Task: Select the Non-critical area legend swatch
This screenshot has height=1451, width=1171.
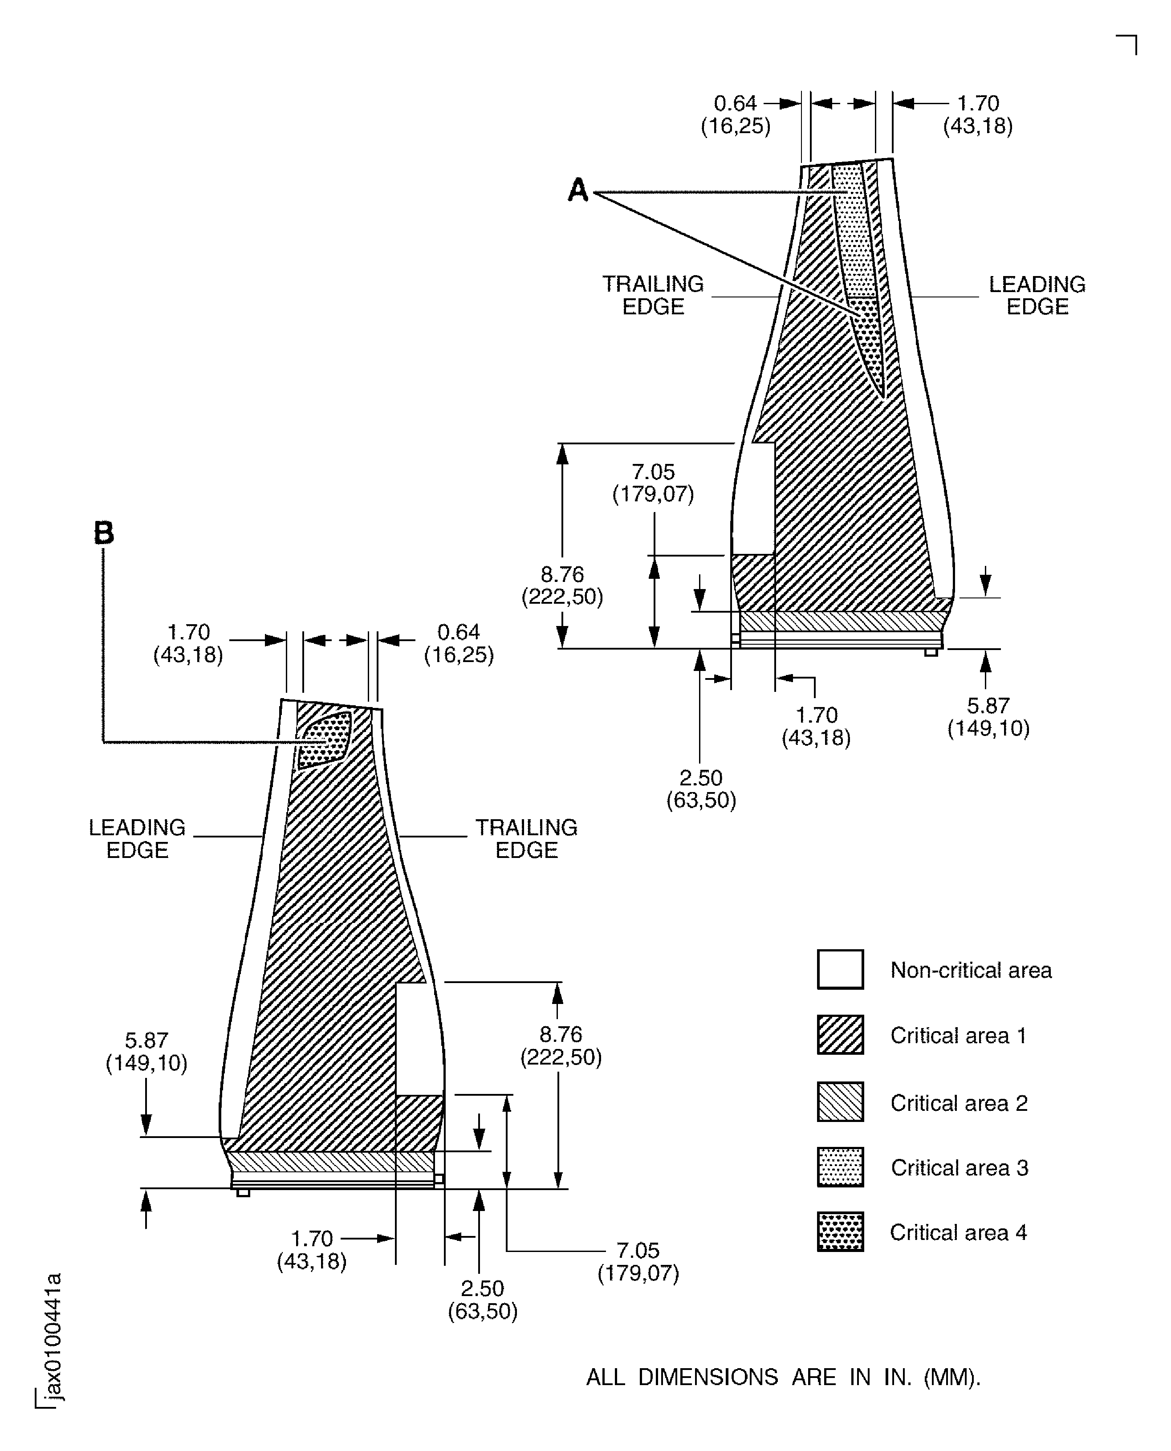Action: (x=840, y=969)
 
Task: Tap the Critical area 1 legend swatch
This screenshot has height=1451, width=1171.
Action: (x=840, y=1035)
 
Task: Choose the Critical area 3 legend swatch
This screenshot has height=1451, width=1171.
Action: (x=840, y=1167)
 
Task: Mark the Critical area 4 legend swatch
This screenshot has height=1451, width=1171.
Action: (x=840, y=1232)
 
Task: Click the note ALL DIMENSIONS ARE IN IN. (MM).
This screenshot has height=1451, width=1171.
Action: (x=782, y=1377)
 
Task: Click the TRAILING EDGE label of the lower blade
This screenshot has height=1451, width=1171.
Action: (x=526, y=838)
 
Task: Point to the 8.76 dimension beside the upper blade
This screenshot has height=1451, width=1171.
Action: (x=562, y=585)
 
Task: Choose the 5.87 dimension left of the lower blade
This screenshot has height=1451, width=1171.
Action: (x=146, y=1052)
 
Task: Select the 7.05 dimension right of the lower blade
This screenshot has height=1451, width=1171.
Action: (x=638, y=1261)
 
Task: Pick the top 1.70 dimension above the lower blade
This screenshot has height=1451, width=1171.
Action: (x=188, y=643)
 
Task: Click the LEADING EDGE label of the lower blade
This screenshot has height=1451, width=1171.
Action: (x=137, y=838)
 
